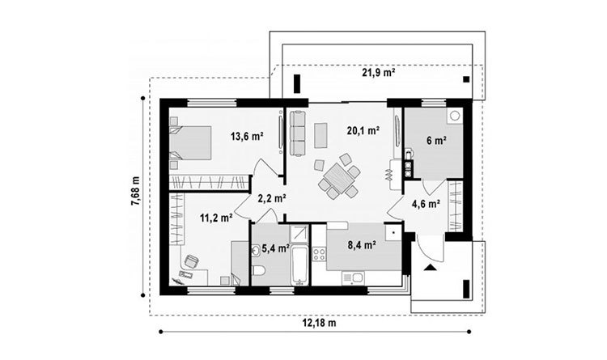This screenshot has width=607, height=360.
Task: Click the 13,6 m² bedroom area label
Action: click(x=247, y=137)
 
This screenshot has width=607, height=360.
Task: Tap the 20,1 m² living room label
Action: click(x=363, y=131)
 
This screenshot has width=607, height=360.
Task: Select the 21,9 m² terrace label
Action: click(x=379, y=72)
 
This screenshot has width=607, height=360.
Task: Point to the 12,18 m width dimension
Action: click(x=319, y=324)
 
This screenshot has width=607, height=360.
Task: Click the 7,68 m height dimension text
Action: click(x=135, y=197)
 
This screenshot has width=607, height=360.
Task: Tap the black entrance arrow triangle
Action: click(x=429, y=267)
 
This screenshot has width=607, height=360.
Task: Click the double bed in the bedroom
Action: click(x=190, y=142)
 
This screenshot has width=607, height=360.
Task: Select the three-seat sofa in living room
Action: click(x=298, y=133)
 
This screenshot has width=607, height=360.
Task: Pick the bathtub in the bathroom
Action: click(x=299, y=265)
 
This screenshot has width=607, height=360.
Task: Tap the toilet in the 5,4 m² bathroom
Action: click(x=258, y=270)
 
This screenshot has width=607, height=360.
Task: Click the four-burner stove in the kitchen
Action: click(x=319, y=254)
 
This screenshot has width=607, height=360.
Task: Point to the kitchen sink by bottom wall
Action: click(x=353, y=277)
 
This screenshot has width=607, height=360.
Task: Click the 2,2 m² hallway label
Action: click(x=272, y=198)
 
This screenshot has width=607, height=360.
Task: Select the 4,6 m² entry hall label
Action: click(x=426, y=204)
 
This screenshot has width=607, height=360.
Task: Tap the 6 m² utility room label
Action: click(x=437, y=140)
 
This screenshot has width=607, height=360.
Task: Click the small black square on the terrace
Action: click(x=466, y=79)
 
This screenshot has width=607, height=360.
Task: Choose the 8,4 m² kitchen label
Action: click(x=362, y=244)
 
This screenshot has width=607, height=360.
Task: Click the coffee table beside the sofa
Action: click(x=320, y=135)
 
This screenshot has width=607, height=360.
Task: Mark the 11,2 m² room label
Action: click(x=216, y=218)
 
